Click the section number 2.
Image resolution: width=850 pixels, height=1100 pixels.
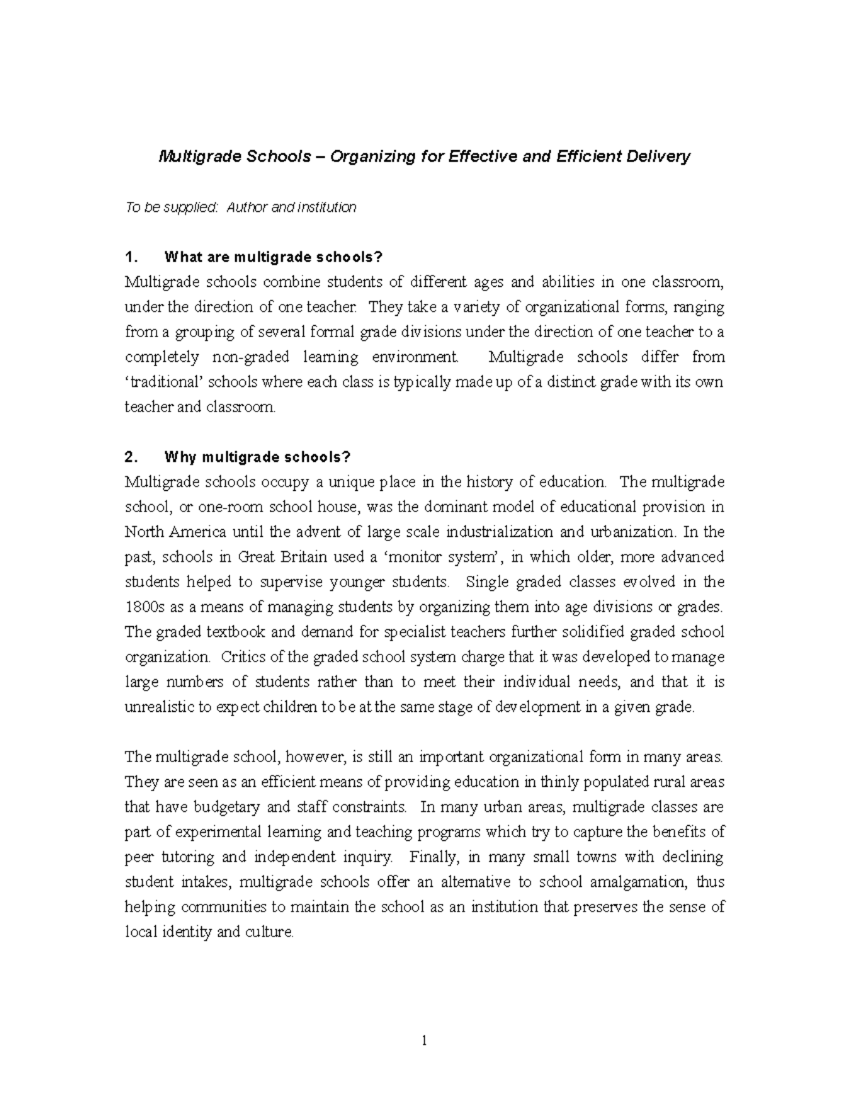point(130,457)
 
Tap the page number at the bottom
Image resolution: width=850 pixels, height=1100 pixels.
point(424,1041)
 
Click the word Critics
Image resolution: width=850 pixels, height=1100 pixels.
point(245,657)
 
